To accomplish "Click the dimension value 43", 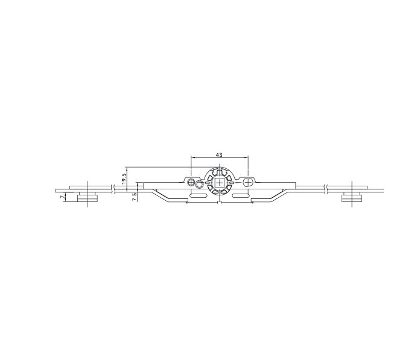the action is (x=219, y=155).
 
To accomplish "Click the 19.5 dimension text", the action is (x=124, y=177).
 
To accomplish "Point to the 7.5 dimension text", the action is (x=135, y=197).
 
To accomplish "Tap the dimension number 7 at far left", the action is (x=63, y=197).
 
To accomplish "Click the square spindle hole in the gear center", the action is (x=219, y=183).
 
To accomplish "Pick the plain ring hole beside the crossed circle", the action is (x=199, y=184).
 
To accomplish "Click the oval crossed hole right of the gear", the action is (x=248, y=182).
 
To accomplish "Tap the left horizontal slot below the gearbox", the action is (x=198, y=195).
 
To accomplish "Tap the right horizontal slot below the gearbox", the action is (x=241, y=195).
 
